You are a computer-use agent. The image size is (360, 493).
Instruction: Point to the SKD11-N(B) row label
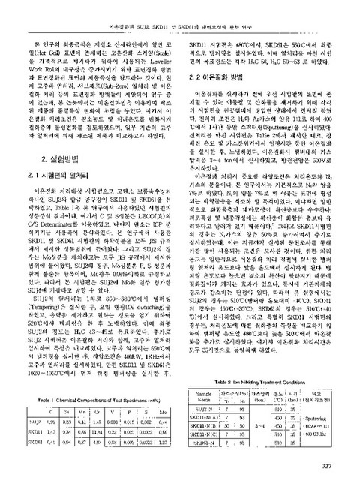pos(204,407)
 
